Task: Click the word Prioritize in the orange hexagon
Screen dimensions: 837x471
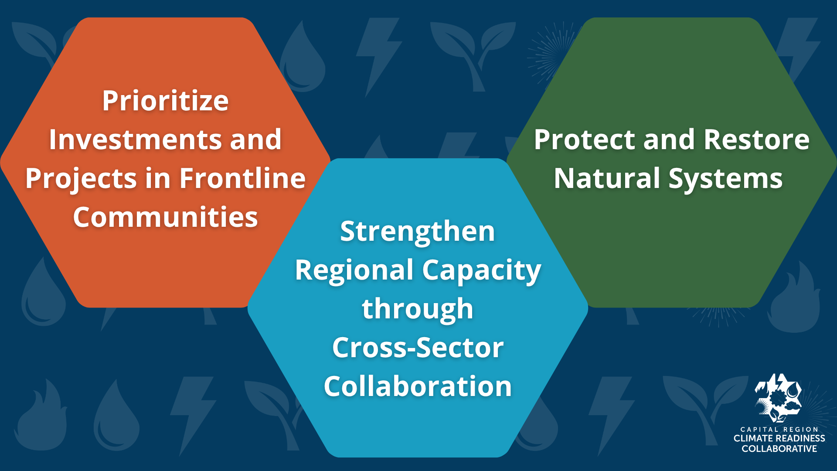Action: [x=165, y=101]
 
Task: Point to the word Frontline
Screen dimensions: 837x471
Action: [x=242, y=178]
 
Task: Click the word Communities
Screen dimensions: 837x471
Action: [x=165, y=217]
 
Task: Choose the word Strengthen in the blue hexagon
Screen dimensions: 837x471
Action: [x=418, y=232]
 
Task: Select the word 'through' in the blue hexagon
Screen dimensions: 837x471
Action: [x=418, y=310]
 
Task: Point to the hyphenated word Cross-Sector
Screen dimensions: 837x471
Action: [x=418, y=348]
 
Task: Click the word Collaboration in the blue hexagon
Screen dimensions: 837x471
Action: [x=418, y=386]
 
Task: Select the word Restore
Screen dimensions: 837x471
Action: [x=756, y=140]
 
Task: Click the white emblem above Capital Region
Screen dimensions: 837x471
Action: [x=778, y=398]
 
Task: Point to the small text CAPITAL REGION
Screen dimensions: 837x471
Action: [x=779, y=430]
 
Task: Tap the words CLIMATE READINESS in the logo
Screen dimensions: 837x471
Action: [x=779, y=438]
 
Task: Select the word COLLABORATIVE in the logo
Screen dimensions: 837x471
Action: [x=779, y=449]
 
